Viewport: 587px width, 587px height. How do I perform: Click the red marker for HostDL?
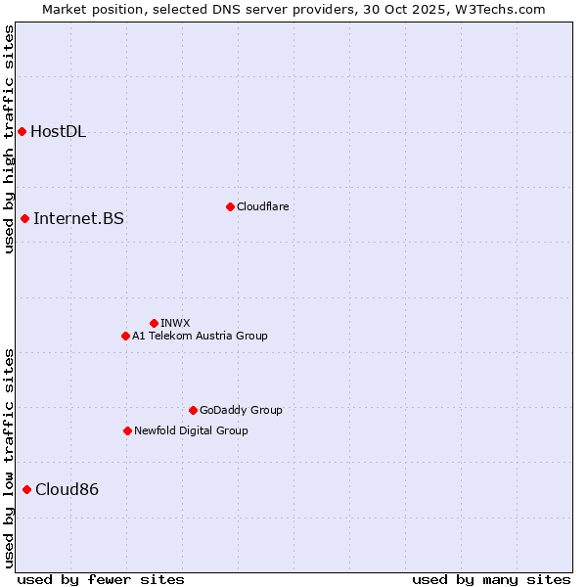[22, 131]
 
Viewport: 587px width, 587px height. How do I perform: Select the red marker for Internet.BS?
[24, 218]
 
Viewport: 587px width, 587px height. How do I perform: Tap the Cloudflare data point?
[230, 206]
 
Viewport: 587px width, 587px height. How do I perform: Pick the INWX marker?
[154, 323]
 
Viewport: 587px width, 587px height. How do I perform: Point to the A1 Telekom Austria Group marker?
[125, 336]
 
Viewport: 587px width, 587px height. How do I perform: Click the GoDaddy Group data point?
[193, 410]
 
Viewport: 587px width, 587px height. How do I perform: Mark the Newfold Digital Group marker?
[127, 430]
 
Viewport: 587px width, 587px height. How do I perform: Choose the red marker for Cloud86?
[26, 489]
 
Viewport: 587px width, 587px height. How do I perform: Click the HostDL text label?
[58, 132]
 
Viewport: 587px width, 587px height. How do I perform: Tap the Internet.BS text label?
[78, 218]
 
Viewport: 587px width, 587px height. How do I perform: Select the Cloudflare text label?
[262, 206]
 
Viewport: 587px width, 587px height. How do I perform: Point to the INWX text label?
[175, 323]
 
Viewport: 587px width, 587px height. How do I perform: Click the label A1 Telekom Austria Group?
[200, 336]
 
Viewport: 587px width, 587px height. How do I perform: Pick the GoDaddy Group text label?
[241, 410]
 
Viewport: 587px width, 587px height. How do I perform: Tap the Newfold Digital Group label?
[191, 430]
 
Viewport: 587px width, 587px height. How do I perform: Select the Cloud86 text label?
[67, 489]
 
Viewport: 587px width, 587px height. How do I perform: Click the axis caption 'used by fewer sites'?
[101, 579]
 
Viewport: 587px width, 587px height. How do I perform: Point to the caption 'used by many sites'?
[491, 579]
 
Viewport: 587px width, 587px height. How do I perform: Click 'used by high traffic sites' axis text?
[9, 139]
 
